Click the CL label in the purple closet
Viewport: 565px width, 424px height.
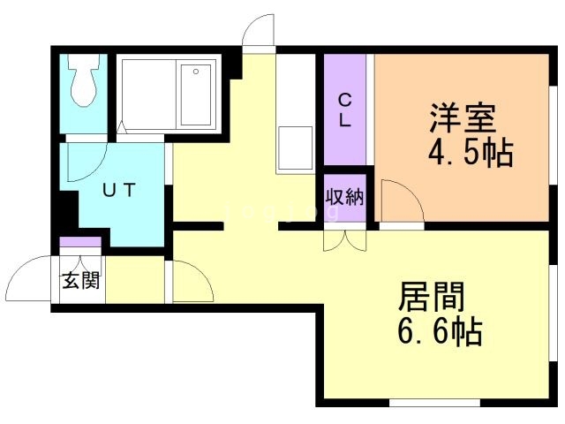(343, 110)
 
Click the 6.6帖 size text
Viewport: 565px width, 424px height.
(438, 333)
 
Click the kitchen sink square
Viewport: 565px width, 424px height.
(295, 148)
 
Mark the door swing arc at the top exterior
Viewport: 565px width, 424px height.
(258, 32)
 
